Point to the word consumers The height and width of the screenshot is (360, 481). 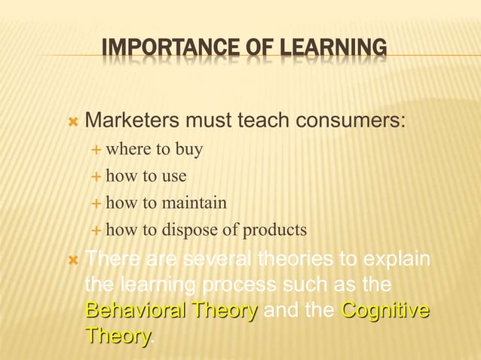pyautogui.click(x=354, y=121)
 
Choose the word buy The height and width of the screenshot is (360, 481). pyautogui.click(x=188, y=150)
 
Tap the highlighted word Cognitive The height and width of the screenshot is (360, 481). pyautogui.click(x=385, y=311)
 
